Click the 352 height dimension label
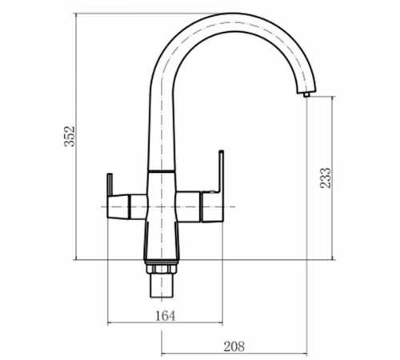coord(70,136)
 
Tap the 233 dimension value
coord(326,178)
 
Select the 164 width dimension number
coord(166,316)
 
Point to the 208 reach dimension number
coord(234,346)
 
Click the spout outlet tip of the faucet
coord(306,94)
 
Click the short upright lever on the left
coord(110,185)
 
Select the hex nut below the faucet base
coord(162,269)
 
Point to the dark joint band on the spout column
coord(162,170)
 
